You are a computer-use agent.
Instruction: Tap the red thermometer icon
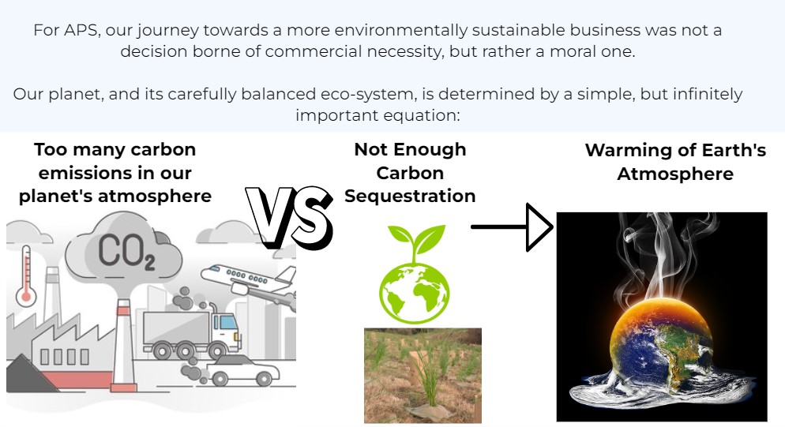tap(26, 275)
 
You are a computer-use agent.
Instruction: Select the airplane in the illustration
tap(249, 283)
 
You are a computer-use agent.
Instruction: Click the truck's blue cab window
tap(228, 322)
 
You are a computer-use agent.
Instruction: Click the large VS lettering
tap(289, 218)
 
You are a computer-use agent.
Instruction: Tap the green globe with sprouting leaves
tap(415, 275)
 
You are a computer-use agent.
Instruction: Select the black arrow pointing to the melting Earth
tap(512, 227)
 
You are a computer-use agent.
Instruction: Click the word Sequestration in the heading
tap(410, 196)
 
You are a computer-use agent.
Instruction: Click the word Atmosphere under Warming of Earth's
tap(675, 174)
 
